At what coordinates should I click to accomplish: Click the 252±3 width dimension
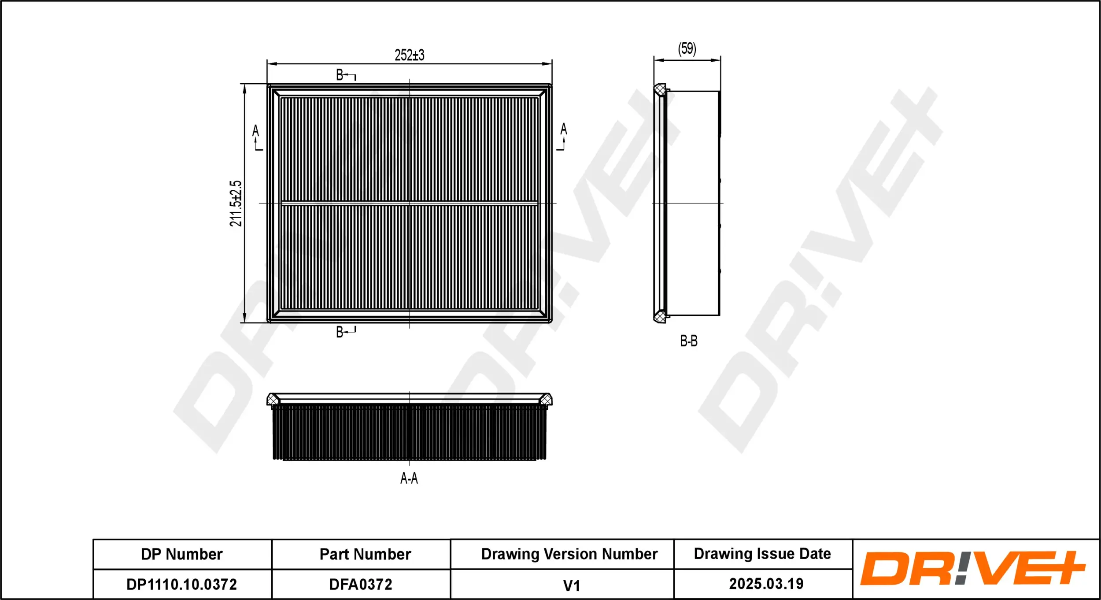pos(409,55)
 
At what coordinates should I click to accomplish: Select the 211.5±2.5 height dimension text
pos(236,203)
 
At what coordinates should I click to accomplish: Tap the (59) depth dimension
pos(687,48)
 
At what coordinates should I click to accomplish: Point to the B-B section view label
pos(689,341)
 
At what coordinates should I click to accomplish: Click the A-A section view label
pos(409,478)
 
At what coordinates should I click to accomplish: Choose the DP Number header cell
pos(182,554)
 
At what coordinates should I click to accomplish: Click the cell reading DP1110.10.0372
pos(182,585)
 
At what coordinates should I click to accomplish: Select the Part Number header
pos(365,554)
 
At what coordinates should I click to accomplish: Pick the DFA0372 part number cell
pos(361,585)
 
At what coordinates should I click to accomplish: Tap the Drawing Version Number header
pos(569,554)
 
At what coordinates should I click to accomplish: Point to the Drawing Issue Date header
pos(762,554)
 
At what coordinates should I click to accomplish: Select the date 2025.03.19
pos(766,584)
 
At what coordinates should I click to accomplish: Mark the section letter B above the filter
pos(340,75)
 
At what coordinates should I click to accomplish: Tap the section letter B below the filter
pos(340,332)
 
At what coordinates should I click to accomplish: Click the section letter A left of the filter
pos(255,130)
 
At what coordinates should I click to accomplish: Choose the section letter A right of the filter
pos(563,129)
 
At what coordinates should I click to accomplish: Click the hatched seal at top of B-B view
pos(659,90)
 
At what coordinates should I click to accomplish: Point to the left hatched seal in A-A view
pos(273,400)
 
